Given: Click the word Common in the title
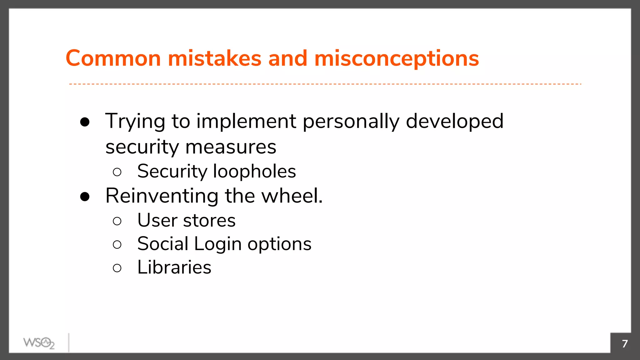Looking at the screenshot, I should pyautogui.click(x=113, y=58).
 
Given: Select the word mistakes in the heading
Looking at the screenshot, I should pyautogui.click(x=214, y=58).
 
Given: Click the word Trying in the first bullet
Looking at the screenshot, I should pyautogui.click(x=135, y=122).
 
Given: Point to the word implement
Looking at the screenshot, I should pyautogui.click(x=246, y=122).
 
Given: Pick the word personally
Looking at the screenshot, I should pyautogui.click(x=351, y=122).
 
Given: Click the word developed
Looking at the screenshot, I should pyautogui.click(x=454, y=122).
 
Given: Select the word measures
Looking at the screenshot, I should pyautogui.click(x=231, y=147).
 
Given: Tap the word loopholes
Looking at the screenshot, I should pyautogui.click(x=254, y=172).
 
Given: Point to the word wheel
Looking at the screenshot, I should pyautogui.click(x=292, y=196).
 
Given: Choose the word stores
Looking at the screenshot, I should pyautogui.click(x=209, y=220).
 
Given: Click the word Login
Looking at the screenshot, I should pyautogui.click(x=217, y=244).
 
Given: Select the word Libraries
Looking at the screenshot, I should pyautogui.click(x=174, y=267).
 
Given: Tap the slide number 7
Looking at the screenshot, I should pyautogui.click(x=625, y=344).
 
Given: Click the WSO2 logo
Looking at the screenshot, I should pyautogui.click(x=39, y=343).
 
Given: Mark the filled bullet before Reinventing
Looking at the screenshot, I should pyautogui.click(x=85, y=197).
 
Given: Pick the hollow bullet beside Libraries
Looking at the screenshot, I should pyautogui.click(x=117, y=268).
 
